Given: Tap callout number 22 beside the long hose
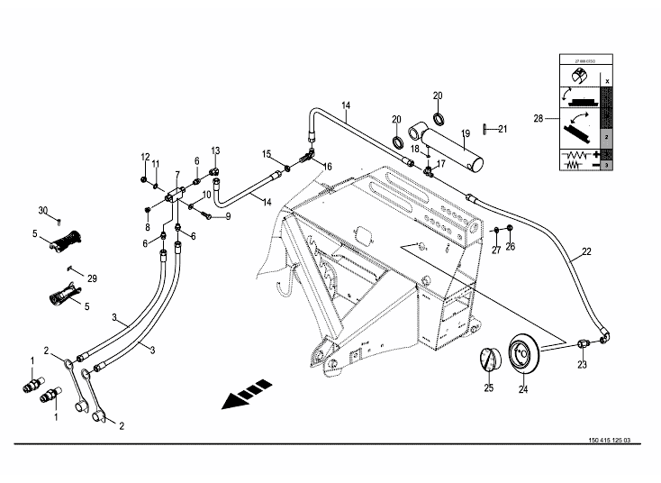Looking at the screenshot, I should [586, 251].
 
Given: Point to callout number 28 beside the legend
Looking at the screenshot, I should [538, 118].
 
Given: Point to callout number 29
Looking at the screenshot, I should [91, 279].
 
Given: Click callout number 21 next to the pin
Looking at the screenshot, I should [503, 129].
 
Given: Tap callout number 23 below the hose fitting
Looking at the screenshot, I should [582, 364].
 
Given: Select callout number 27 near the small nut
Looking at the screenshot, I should [495, 250].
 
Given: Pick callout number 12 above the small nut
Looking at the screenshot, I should [143, 158].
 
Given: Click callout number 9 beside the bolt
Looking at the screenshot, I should [228, 216].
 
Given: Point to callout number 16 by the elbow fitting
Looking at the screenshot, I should [328, 167].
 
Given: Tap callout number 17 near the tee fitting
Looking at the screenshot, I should [441, 164].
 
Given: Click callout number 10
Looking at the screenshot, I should [206, 195].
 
